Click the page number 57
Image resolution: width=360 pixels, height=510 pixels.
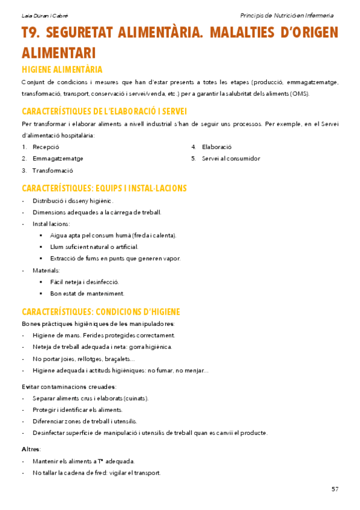tap(335, 489)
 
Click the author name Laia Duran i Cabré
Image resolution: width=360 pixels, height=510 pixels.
tap(40, 15)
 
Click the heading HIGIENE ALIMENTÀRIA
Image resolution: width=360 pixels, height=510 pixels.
tap(62, 69)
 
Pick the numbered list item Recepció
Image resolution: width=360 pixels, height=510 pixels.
tap(46, 147)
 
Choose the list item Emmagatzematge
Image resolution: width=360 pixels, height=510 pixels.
tap(58, 159)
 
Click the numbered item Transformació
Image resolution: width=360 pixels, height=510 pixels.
tap(52, 170)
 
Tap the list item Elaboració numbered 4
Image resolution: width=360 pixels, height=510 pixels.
tap(216, 147)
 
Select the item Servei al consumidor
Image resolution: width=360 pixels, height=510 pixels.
tap(231, 159)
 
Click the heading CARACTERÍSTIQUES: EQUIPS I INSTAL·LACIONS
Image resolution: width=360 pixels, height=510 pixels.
tap(104, 188)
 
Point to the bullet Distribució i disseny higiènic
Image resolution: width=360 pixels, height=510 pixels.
tap(73, 201)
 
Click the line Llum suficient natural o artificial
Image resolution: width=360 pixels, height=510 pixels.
tap(94, 247)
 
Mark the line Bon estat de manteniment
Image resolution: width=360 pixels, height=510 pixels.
tap(87, 293)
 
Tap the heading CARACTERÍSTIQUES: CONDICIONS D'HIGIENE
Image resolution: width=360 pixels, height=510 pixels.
tap(101, 312)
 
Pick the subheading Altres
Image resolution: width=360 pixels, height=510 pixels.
tap(31, 449)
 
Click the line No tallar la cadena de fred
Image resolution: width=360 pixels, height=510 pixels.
tap(96, 473)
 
